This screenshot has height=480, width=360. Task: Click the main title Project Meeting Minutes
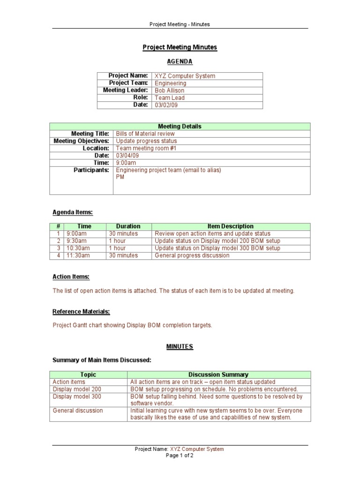[180, 47]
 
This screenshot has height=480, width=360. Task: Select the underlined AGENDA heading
[180, 61]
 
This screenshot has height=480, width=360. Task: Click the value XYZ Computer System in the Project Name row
[185, 76]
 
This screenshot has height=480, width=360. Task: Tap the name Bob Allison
[169, 90]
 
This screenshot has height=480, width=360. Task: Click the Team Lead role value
[170, 98]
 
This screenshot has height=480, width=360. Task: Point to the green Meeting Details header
[180, 127]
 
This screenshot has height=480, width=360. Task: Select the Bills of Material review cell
[145, 134]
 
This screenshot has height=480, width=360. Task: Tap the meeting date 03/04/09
[127, 156]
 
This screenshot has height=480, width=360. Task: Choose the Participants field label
[91, 170]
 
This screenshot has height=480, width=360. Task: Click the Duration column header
[128, 226]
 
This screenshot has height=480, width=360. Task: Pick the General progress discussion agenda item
[192, 255]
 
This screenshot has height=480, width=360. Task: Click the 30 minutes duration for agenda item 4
[123, 255]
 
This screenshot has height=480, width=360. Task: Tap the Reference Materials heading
[81, 312]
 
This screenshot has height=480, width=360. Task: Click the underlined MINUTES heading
[180, 346]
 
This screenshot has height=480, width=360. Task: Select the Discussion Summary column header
[218, 375]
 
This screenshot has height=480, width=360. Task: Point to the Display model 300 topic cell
[77, 397]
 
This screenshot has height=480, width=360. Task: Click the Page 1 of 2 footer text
[180, 456]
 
